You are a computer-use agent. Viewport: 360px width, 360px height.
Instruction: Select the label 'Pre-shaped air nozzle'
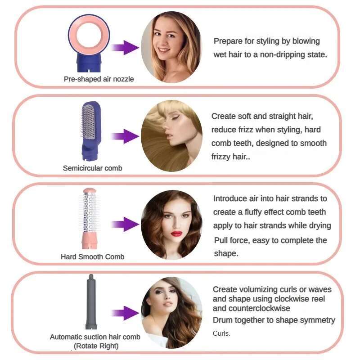coord(99,79)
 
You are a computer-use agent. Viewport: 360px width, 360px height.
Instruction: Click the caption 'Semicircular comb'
coord(92,168)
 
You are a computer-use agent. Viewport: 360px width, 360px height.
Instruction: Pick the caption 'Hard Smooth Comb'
coord(92,256)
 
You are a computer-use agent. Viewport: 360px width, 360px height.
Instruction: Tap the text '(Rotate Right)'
coord(96,346)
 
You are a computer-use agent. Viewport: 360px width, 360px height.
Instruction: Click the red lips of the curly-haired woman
coord(176,233)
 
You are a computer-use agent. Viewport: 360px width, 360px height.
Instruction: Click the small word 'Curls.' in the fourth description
coord(221,333)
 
